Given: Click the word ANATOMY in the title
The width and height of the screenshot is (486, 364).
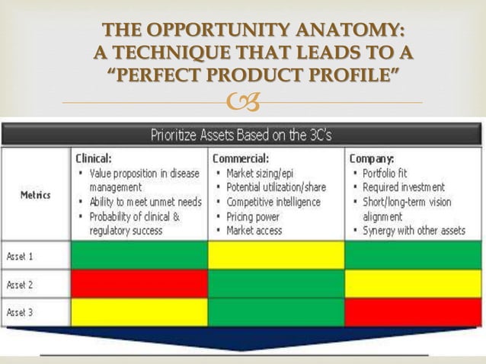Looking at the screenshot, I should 345,31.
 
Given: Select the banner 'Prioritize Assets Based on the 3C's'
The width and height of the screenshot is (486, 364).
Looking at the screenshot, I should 242,136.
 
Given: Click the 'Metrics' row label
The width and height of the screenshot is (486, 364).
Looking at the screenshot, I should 36,195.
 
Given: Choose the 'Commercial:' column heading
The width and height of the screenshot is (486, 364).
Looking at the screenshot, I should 241,159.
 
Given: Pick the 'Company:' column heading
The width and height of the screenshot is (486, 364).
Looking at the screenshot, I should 372,159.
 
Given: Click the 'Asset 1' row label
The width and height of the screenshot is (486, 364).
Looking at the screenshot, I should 21,256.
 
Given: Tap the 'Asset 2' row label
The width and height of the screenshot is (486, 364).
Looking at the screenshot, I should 21,284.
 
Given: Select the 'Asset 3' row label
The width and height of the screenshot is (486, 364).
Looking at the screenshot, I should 21,312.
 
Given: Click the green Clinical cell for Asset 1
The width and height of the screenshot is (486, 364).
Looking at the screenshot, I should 139,255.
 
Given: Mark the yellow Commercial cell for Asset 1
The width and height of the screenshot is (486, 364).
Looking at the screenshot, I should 276,255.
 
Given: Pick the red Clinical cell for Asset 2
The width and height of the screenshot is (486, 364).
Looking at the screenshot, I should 139,283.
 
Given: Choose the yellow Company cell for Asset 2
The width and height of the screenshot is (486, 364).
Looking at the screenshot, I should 413,283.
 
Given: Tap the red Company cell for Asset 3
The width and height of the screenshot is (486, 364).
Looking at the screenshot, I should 413,312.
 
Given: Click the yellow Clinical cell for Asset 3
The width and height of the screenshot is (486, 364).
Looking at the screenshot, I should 139,312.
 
